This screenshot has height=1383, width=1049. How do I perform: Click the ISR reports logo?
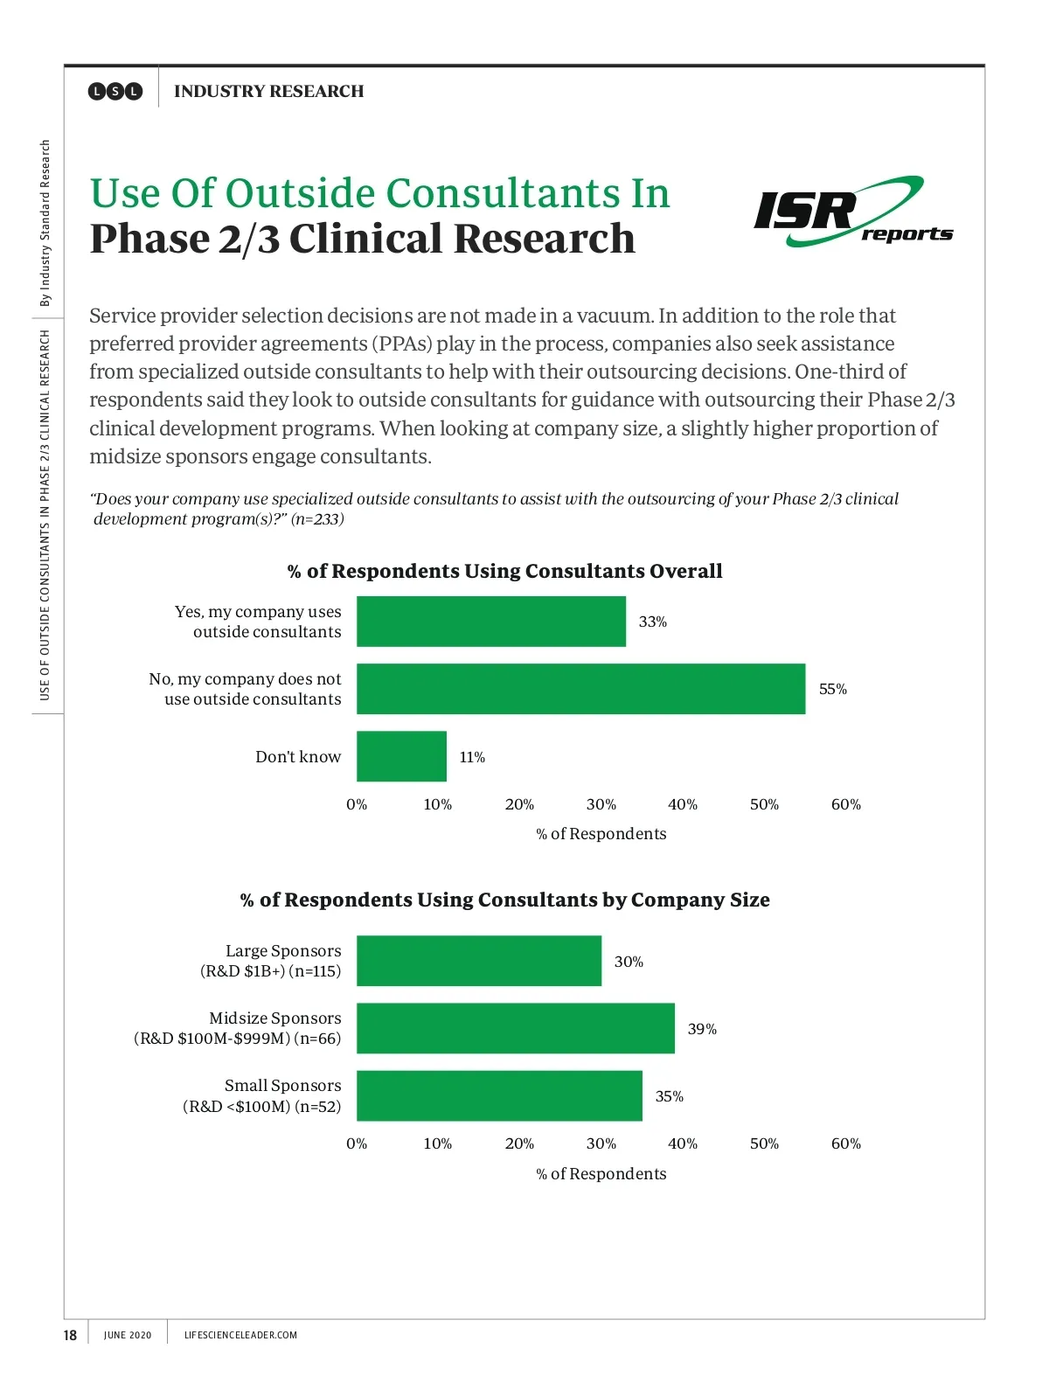pos(852,212)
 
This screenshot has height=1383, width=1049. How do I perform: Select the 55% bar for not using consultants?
pos(580,689)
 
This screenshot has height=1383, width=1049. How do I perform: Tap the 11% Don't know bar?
pos(401,756)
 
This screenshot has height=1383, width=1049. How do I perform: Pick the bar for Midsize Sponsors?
pos(515,1028)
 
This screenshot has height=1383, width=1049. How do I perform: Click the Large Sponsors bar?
pos(478,961)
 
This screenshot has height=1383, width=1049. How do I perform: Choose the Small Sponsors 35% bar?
pos(499,1095)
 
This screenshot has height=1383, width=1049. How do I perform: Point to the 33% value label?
pos(652,622)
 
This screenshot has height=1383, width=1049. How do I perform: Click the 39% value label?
pos(701,1029)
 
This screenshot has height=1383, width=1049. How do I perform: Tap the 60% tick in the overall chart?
pos(845,804)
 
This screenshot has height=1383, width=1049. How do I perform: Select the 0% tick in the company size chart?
pos(357,1143)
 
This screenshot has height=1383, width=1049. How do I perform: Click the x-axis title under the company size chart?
pos(601,1173)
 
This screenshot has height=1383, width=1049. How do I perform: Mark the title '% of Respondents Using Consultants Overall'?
pos(504,571)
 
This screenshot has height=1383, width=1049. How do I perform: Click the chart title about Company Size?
pos(504,900)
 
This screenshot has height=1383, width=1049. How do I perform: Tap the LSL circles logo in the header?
pos(115,91)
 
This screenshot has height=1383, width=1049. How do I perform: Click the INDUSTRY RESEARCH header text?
pos(268,91)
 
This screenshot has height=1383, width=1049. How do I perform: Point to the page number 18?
pos(70,1335)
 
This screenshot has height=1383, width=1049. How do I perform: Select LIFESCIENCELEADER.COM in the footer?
pos(240,1335)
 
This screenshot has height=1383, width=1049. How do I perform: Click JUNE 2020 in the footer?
pos(128,1335)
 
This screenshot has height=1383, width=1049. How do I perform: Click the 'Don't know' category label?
pos(298,756)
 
